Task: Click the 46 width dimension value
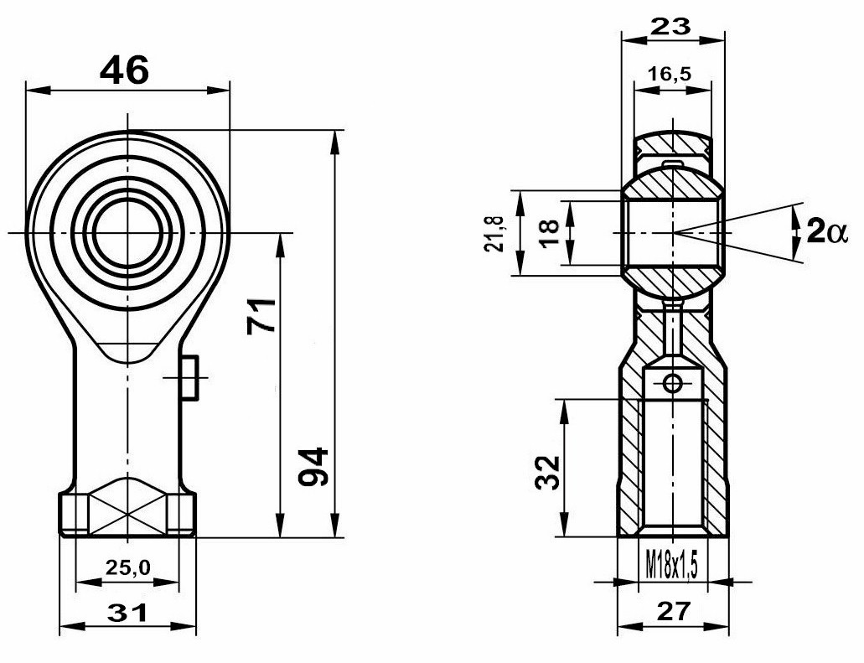tap(125, 70)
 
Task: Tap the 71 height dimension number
tap(261, 315)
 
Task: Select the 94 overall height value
tap(313, 467)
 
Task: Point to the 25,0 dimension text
tap(128, 567)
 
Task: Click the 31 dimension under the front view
tap(127, 613)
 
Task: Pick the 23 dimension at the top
tap(670, 26)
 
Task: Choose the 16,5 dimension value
tap(670, 73)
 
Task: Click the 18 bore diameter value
tap(551, 233)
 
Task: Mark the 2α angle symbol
tap(825, 231)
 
